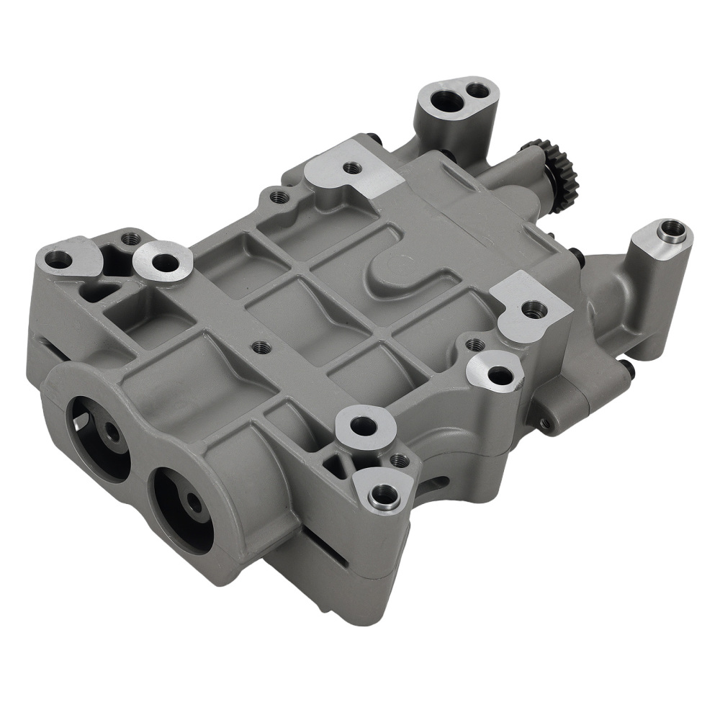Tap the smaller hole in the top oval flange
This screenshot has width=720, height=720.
[x=477, y=89]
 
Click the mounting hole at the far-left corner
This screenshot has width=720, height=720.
[x=59, y=259]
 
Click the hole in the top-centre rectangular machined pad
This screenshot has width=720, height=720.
[x=352, y=168]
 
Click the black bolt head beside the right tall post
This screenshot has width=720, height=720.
[x=576, y=253]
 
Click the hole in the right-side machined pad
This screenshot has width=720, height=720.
[x=534, y=310]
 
